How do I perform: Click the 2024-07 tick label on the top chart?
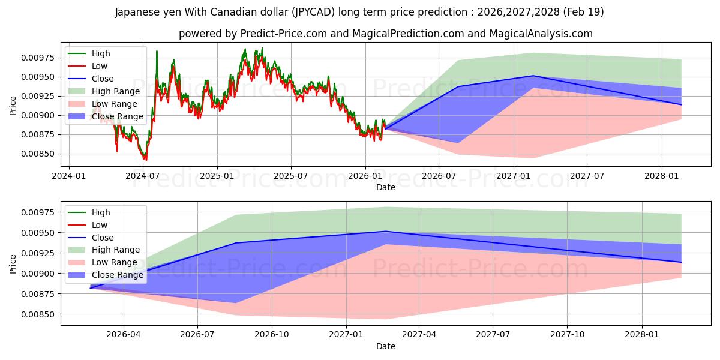(142, 176)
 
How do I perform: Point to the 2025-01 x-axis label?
(217, 176)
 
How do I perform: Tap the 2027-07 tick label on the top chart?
(587, 176)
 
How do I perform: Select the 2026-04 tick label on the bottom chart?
(124, 335)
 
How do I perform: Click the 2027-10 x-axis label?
(568, 335)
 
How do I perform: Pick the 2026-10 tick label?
(272, 335)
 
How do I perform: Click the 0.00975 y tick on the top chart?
(38, 58)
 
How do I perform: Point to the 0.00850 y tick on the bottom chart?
(38, 314)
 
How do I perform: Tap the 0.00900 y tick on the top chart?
(38, 115)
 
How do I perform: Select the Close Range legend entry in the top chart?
(106, 116)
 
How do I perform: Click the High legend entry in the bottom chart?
(89, 212)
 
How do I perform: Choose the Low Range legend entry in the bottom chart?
(103, 262)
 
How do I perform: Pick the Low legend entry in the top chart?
(88, 66)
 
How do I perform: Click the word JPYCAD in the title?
(313, 12)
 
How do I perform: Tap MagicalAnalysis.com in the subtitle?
(541, 34)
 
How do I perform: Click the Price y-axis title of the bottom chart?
(13, 264)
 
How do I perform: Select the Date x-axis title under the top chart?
(386, 187)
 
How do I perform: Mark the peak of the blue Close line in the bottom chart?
(386, 231)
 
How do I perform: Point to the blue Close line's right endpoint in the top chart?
(681, 105)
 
